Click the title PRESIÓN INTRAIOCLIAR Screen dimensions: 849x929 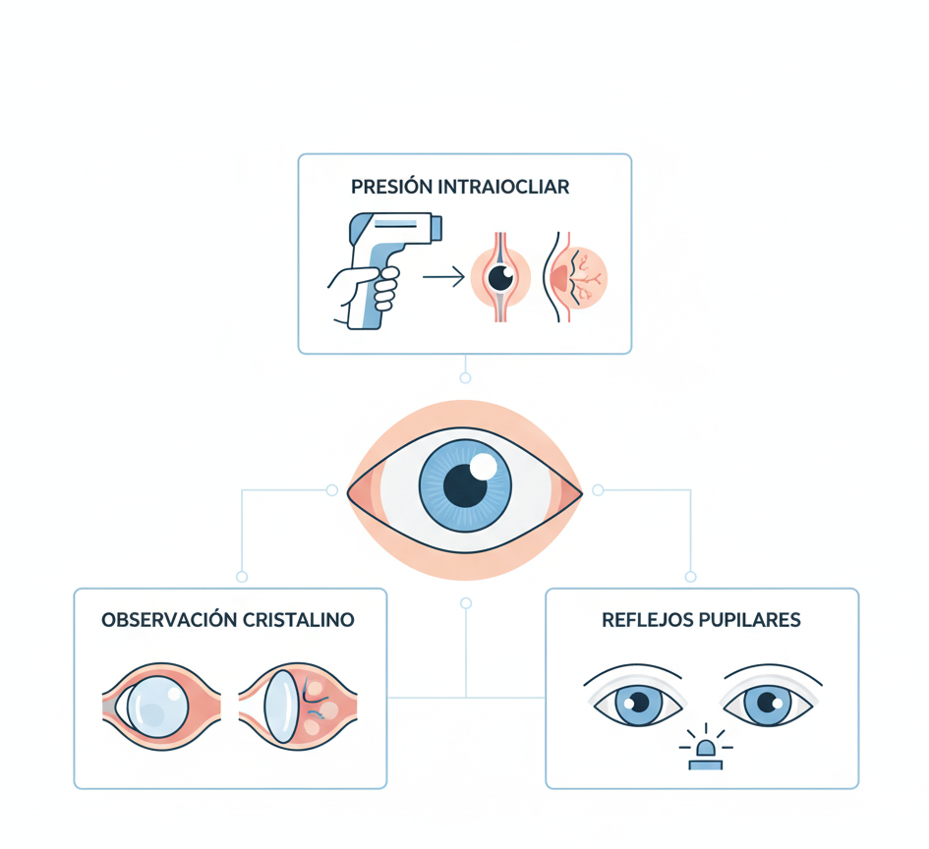(459, 187)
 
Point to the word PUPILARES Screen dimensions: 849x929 (751, 620)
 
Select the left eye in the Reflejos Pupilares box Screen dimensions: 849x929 (634, 702)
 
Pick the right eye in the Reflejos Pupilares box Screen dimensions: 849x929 (768, 702)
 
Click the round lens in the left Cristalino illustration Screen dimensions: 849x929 (155, 704)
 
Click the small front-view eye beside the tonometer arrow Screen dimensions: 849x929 (500, 278)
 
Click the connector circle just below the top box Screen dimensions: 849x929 (465, 377)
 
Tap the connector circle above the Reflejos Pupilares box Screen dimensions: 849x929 (690, 577)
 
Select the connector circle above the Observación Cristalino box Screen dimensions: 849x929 (242, 577)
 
